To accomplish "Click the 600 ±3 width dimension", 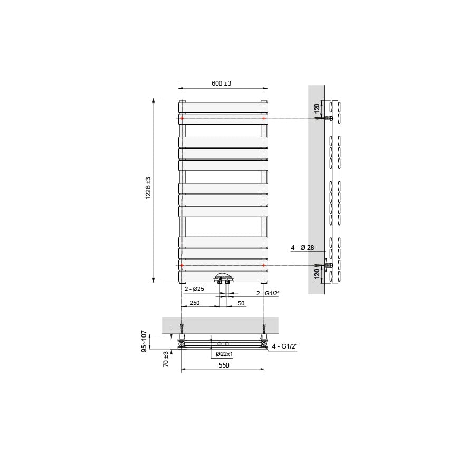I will (222, 83).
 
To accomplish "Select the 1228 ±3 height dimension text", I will (149, 188).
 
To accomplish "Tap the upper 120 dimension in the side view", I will (317, 108).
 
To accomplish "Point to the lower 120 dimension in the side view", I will (317, 274).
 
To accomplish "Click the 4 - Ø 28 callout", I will (303, 247).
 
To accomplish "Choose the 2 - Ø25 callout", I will (194, 289).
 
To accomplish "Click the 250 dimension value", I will (194, 303).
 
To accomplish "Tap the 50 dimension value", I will (241, 303).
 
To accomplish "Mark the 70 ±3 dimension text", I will (166, 359).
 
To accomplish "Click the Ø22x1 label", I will (224, 354).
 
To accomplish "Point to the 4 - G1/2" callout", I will (285, 346).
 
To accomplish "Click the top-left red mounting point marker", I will (182, 119).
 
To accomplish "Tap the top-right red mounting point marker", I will (264, 119).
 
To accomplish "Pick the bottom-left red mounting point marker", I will (182, 265).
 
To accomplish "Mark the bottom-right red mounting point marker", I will (264, 265).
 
